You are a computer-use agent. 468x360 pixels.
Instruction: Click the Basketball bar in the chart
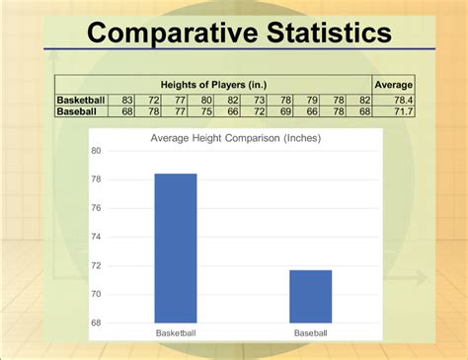(x=176, y=249)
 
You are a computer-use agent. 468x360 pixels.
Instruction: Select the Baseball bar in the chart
(x=311, y=297)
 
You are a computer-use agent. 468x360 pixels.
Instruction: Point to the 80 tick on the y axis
(x=96, y=151)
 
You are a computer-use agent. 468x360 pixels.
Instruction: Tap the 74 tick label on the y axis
(x=96, y=237)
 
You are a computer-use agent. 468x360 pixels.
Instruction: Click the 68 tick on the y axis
(x=96, y=323)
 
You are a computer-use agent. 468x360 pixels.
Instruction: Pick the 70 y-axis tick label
(x=96, y=294)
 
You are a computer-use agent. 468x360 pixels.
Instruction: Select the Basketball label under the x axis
(x=176, y=333)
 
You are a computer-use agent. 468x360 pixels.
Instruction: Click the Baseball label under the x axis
(x=311, y=333)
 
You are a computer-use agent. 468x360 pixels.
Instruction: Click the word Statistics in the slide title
(x=329, y=33)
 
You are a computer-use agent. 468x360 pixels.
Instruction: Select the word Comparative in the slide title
(x=173, y=34)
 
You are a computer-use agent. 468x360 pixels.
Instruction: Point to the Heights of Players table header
(x=213, y=85)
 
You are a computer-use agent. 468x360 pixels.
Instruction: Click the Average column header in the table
(x=394, y=85)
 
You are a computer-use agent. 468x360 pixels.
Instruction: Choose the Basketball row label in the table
(x=81, y=100)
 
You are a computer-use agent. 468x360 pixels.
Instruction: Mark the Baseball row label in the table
(x=77, y=111)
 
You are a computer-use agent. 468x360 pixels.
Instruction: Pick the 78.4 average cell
(x=404, y=100)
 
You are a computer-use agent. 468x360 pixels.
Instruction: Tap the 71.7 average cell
(x=404, y=111)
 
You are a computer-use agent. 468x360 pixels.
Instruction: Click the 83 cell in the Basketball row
(x=127, y=100)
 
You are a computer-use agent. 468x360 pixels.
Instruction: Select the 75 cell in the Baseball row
(x=206, y=111)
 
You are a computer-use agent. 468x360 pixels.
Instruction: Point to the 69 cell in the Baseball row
(x=285, y=111)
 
